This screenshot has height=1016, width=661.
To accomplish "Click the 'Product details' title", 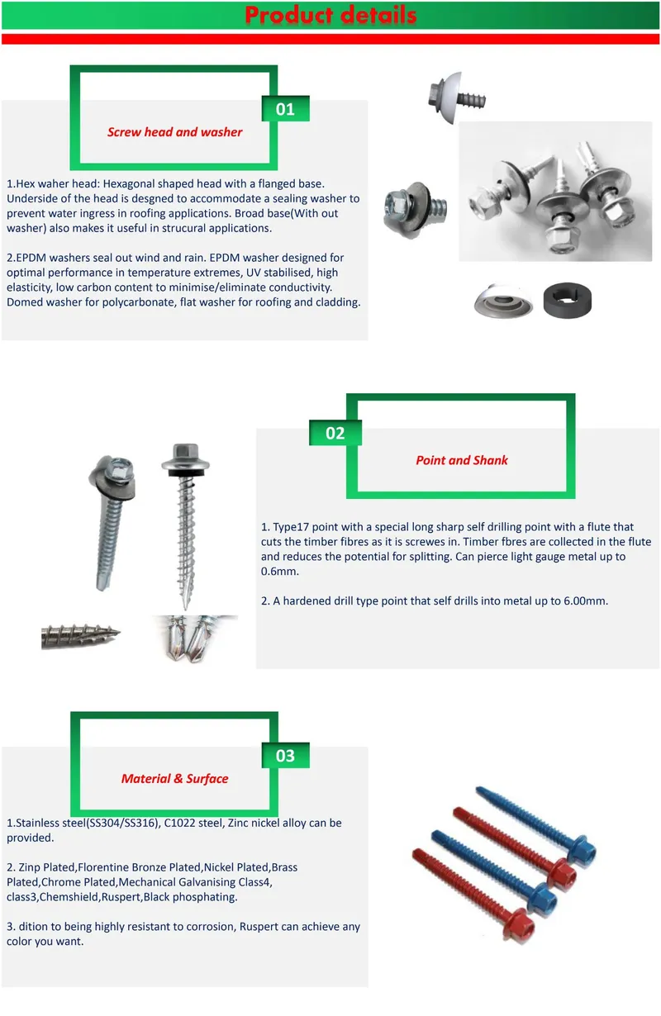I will [330, 15].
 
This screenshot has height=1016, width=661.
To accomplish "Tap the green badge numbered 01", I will [285, 109].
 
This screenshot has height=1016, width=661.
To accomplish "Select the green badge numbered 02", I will [335, 433].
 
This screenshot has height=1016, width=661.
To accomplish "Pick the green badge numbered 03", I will [285, 755].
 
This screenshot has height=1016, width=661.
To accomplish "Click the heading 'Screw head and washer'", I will [175, 132].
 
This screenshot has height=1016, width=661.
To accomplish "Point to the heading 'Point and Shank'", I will [462, 460].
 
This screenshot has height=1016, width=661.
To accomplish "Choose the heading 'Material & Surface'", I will [174, 778].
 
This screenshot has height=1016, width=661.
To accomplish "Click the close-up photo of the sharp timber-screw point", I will [80, 634].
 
